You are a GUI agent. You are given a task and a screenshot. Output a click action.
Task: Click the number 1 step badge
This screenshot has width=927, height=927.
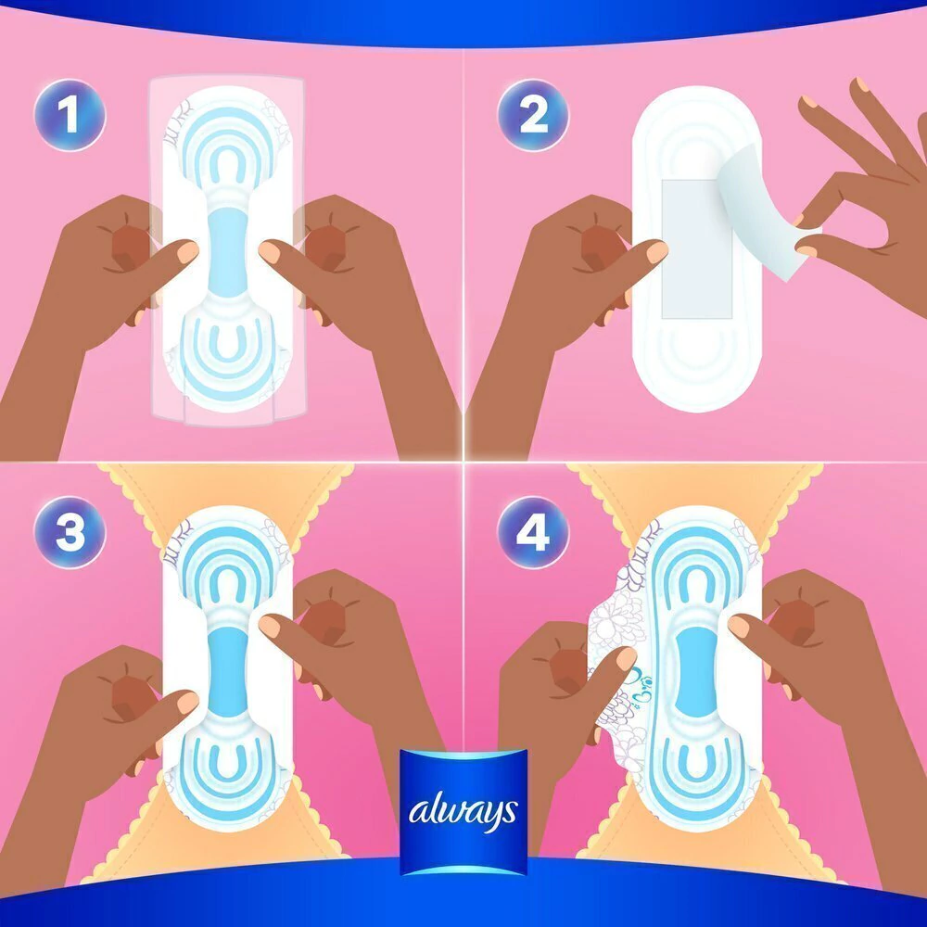tap(70, 115)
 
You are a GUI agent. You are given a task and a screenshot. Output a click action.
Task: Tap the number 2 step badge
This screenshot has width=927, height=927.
tap(533, 115)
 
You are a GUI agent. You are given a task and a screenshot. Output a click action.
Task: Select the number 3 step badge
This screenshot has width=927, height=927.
tap(70, 531)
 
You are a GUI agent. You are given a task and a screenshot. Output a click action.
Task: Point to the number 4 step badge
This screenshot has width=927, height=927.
tap(533, 531)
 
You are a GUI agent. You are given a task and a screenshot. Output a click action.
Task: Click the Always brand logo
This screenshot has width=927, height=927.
tap(463, 811)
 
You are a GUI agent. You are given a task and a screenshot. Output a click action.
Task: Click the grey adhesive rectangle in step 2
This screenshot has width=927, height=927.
tap(696, 248)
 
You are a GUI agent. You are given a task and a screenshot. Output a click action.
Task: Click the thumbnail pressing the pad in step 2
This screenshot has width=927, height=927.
tap(656, 252)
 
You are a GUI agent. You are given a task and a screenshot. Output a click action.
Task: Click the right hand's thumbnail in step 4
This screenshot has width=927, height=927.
tap(739, 627)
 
